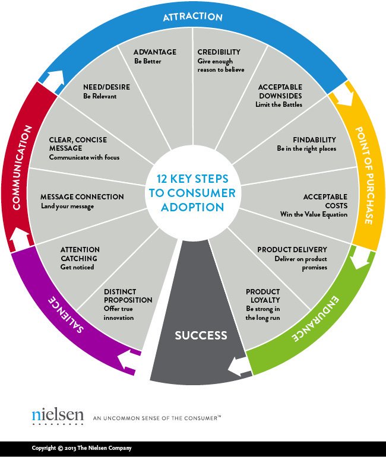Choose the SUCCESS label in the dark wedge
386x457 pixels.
tap(201, 336)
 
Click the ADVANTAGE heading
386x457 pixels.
tap(155, 52)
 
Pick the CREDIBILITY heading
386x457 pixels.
tap(220, 52)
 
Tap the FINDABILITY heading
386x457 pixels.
tap(315, 140)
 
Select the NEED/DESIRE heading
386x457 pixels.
tap(106, 87)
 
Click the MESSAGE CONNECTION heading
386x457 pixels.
tap(82, 197)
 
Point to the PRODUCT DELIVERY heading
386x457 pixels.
tap(292, 250)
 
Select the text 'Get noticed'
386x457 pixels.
tap(77, 267)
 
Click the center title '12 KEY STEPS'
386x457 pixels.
tap(191, 179)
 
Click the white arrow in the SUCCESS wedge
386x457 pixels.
tap(239, 366)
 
